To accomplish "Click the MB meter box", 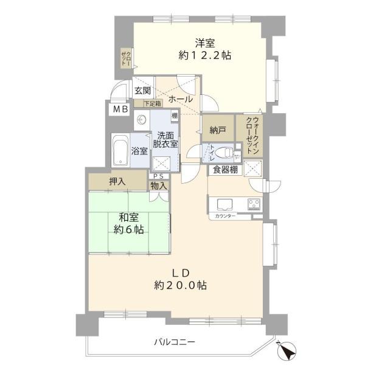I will (x=119, y=109).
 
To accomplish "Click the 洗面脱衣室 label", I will (x=165, y=140).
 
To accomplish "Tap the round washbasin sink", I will (x=141, y=121).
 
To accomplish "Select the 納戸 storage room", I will (x=217, y=129).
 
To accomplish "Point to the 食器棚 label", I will (x=225, y=170).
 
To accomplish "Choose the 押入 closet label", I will (x=117, y=181).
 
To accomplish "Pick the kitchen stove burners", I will (x=253, y=204).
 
